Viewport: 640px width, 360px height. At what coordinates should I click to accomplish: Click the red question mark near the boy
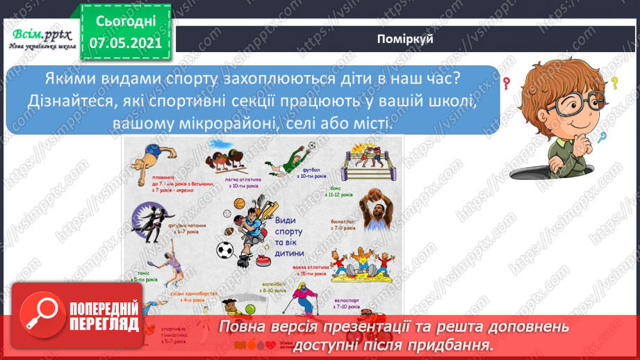click(507, 84)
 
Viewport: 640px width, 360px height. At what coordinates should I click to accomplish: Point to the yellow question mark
click(614, 84)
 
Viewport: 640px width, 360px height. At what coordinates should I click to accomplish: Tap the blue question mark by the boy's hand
click(602, 137)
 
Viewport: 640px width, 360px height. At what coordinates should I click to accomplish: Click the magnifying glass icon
click(40, 326)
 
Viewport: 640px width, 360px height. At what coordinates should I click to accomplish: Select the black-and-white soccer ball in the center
click(224, 249)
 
